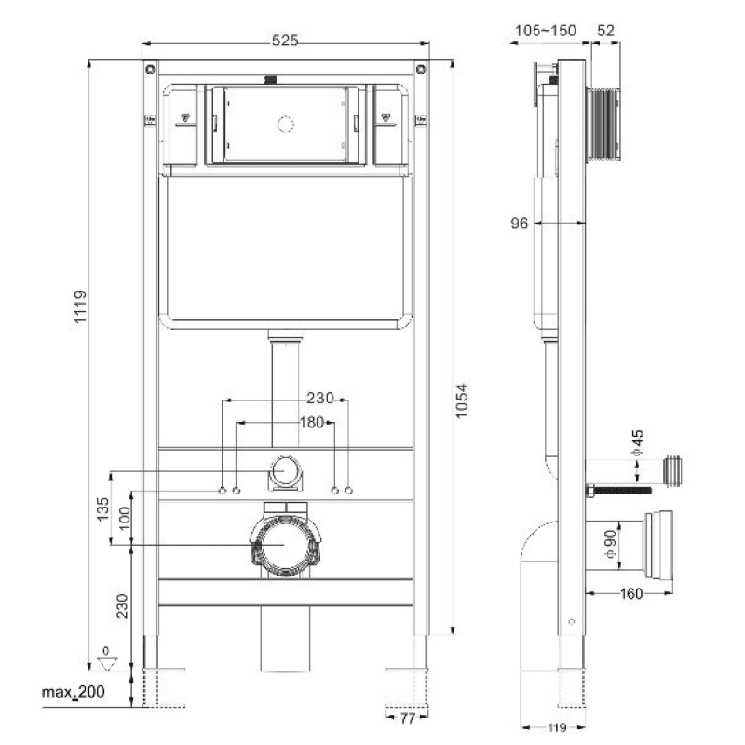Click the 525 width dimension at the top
(284, 40)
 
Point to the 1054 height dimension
(463, 403)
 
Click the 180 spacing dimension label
(312, 423)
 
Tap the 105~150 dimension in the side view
(544, 31)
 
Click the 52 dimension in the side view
(605, 31)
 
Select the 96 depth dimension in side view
(520, 223)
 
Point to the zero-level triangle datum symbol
(108, 662)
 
